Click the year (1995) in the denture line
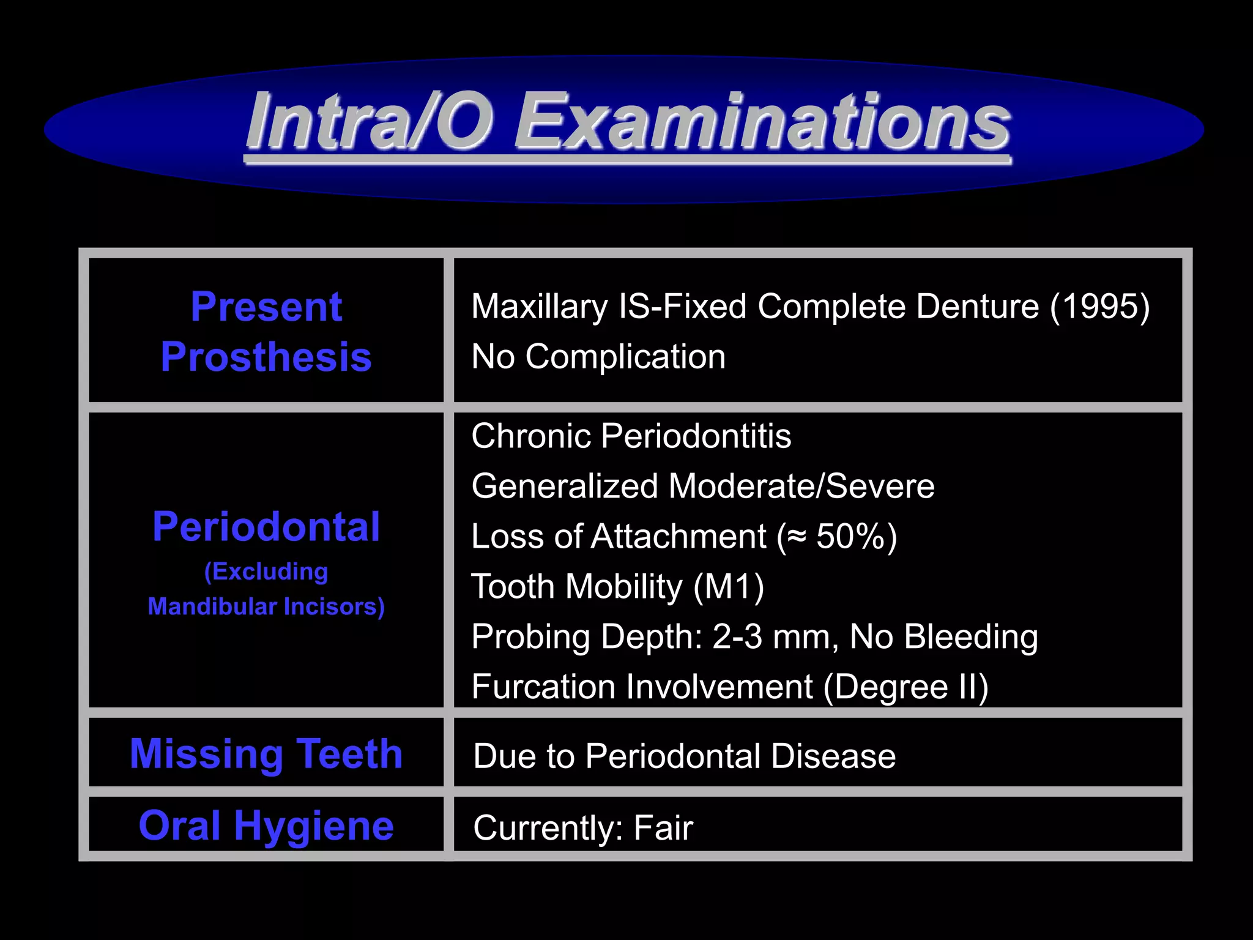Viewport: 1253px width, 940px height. click(1099, 306)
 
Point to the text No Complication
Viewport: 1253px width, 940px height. click(598, 356)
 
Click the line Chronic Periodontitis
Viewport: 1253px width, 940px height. click(631, 436)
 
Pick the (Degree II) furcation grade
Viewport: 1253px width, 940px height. click(905, 687)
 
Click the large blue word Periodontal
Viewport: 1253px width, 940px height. click(266, 527)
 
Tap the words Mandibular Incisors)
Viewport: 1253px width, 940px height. click(266, 606)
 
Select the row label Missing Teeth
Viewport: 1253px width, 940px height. click(266, 753)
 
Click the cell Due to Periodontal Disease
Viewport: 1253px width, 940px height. click(684, 756)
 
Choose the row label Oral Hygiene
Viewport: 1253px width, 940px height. click(266, 826)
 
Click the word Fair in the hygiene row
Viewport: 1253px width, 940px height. click(663, 828)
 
